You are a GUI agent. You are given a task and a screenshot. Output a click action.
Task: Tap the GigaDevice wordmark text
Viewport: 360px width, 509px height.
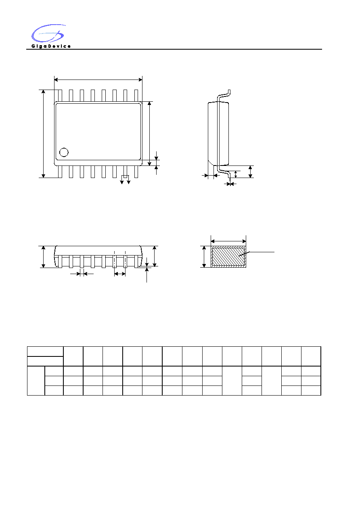click(51, 46)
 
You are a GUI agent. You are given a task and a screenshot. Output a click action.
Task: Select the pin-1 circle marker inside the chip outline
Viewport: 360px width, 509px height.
click(64, 152)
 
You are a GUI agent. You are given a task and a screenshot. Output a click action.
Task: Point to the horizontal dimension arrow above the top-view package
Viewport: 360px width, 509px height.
click(98, 80)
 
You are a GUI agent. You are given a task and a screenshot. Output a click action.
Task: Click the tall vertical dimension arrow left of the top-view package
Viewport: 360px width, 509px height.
click(43, 134)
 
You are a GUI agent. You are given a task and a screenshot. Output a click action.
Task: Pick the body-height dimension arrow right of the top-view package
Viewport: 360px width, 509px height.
click(149, 134)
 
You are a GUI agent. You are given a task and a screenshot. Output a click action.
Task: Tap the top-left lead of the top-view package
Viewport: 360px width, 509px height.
click(60, 96)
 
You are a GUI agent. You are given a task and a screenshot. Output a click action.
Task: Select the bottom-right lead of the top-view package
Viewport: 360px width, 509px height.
click(136, 172)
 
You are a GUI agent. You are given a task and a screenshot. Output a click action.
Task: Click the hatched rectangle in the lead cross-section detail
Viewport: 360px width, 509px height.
click(228, 257)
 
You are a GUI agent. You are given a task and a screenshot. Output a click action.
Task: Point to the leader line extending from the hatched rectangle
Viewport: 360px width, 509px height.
click(257, 254)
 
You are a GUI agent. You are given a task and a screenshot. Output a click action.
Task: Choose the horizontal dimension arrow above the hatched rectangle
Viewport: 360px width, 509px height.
click(228, 241)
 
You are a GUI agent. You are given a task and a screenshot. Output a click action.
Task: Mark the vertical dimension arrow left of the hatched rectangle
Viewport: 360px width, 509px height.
click(204, 257)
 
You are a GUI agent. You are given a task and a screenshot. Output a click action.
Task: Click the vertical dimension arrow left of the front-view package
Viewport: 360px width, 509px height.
click(43, 257)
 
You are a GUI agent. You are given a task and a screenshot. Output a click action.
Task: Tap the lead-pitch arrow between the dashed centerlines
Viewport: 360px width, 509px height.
click(120, 274)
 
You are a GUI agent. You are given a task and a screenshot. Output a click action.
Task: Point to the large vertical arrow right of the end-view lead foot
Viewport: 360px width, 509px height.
click(250, 172)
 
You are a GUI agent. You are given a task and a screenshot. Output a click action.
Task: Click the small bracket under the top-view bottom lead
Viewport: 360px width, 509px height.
click(125, 176)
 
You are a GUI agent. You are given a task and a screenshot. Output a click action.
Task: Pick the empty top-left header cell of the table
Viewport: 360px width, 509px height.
click(45, 352)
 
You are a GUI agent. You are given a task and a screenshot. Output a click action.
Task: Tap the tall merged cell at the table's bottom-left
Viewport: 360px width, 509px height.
click(36, 381)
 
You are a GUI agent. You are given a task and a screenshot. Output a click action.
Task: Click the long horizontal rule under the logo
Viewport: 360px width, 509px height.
click(174, 49)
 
